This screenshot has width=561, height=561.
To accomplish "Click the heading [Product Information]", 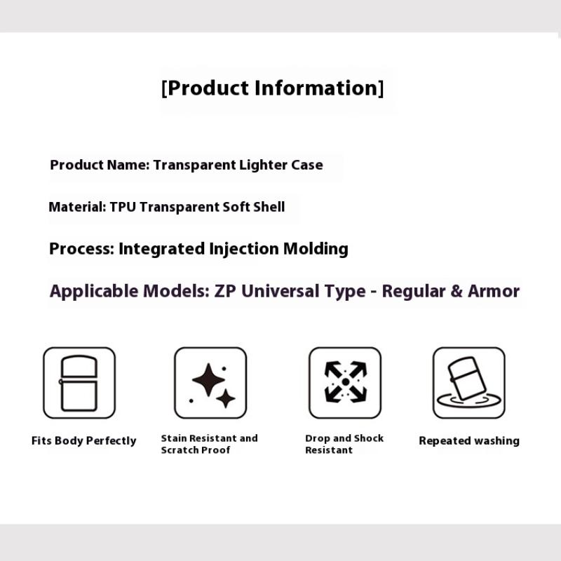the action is pos(273,88).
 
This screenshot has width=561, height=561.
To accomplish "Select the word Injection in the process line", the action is pos(243,249).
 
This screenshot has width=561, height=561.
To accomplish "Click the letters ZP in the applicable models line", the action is pos(225,291).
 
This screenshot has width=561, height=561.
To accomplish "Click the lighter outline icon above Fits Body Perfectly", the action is pos(79,383).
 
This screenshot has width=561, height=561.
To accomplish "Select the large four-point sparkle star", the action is pos(208,380).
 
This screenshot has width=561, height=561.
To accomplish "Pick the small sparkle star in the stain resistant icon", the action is pos(226,398).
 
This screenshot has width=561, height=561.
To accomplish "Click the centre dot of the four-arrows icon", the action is pos(346,382).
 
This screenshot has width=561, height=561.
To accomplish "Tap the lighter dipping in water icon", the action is pos(468,382).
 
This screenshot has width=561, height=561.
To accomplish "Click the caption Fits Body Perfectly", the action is pos(83,441).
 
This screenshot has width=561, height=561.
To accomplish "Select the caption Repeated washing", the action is pos(469,441).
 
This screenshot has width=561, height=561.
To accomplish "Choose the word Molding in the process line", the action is pos(316,249).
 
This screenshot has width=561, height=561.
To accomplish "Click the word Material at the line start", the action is pos(77,207).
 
